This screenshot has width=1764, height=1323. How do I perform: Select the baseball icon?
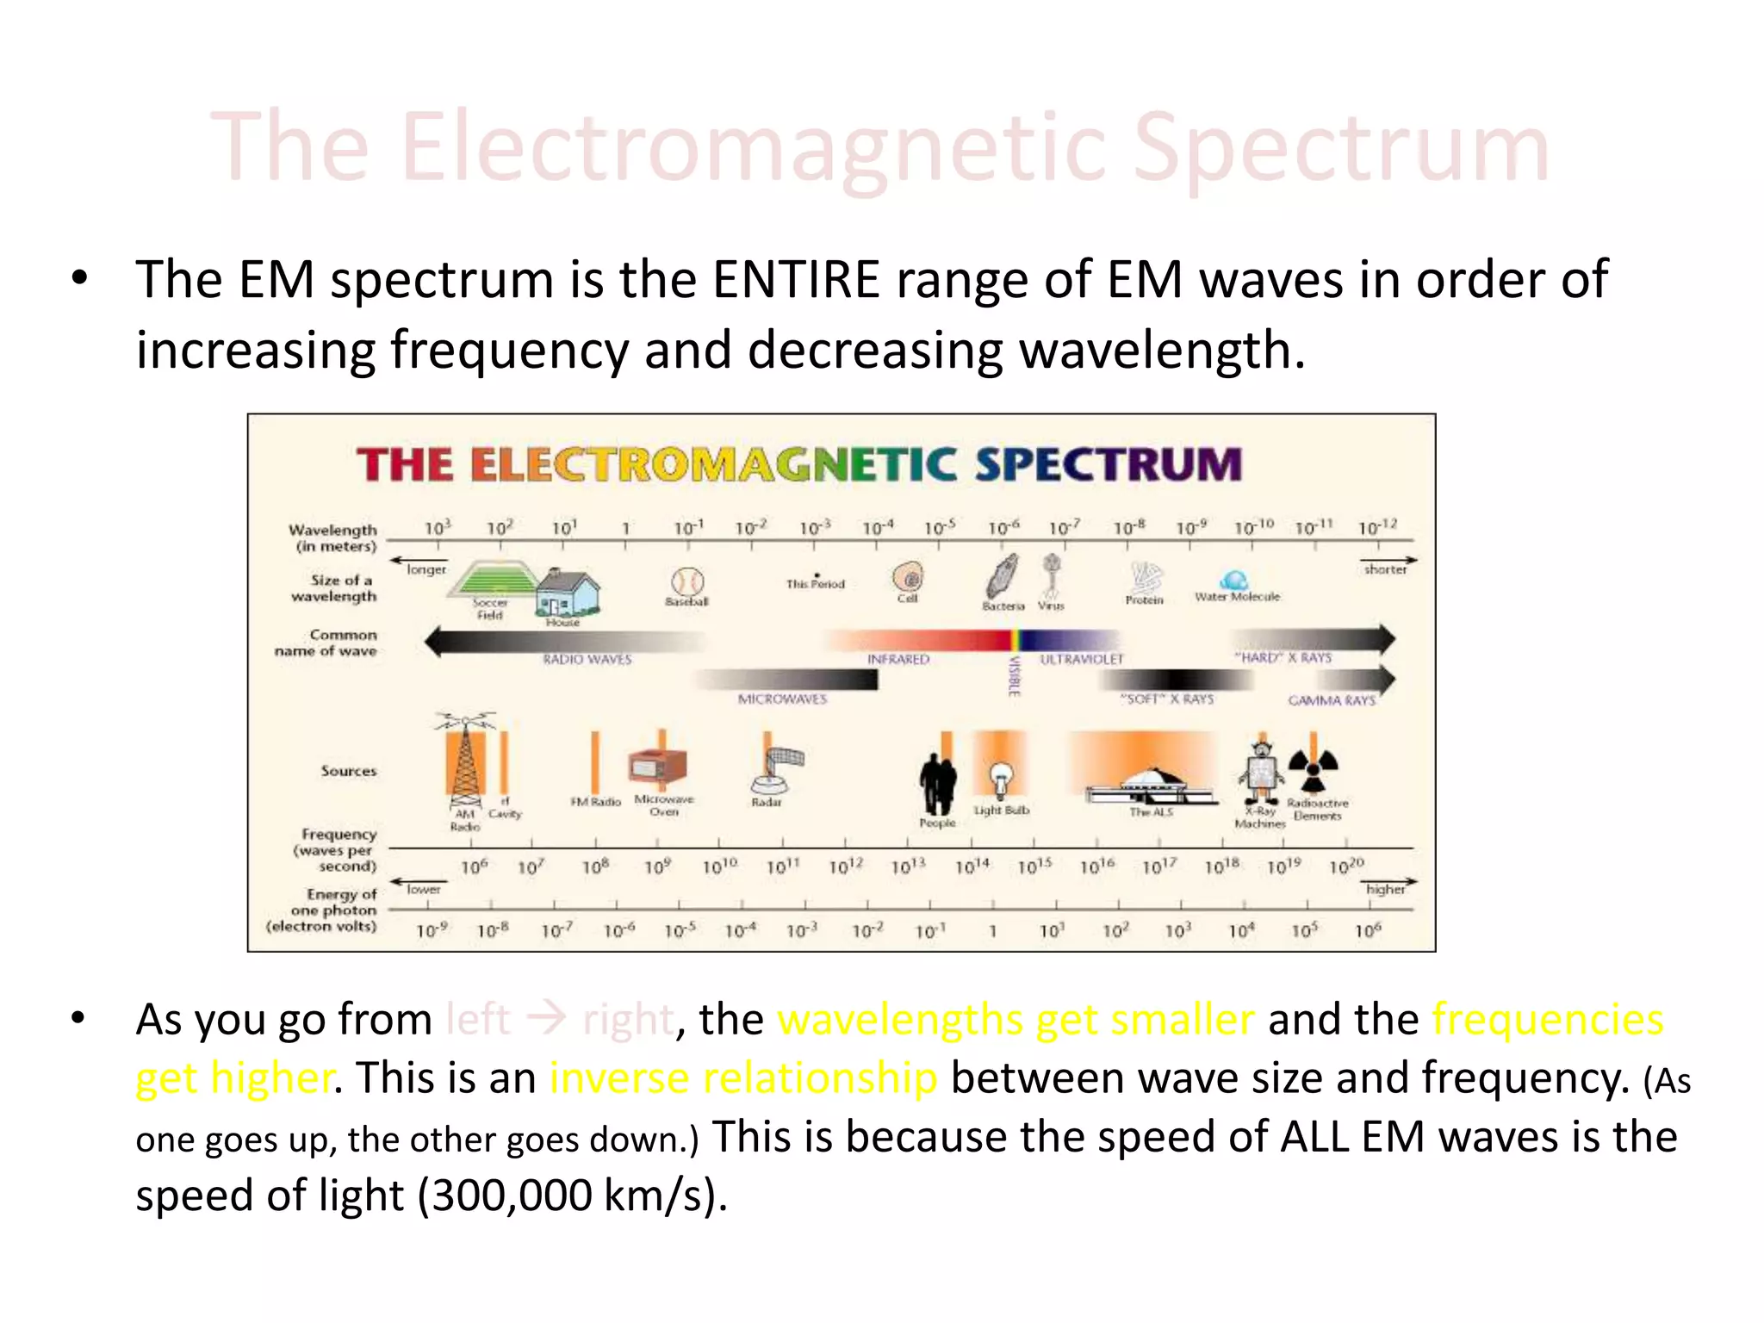click(x=686, y=581)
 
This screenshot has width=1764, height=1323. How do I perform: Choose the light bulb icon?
click(x=999, y=780)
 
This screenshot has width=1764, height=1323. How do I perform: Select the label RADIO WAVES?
click(x=587, y=660)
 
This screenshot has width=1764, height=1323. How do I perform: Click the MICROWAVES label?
click(x=782, y=699)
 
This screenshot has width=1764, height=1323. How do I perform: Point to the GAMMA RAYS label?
click(x=1332, y=700)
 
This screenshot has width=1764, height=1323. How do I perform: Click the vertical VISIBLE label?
click(x=1015, y=676)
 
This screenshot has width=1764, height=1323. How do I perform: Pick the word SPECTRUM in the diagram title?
click(x=1109, y=465)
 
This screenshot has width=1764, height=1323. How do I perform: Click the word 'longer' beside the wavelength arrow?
click(x=426, y=569)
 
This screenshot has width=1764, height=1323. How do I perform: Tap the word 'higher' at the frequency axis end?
click(x=1385, y=889)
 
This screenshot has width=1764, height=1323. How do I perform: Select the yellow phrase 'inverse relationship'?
click(x=743, y=1078)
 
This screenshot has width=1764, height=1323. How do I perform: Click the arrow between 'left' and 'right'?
click(x=546, y=1019)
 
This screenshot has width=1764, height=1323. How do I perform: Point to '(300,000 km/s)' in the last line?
click(x=573, y=1196)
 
